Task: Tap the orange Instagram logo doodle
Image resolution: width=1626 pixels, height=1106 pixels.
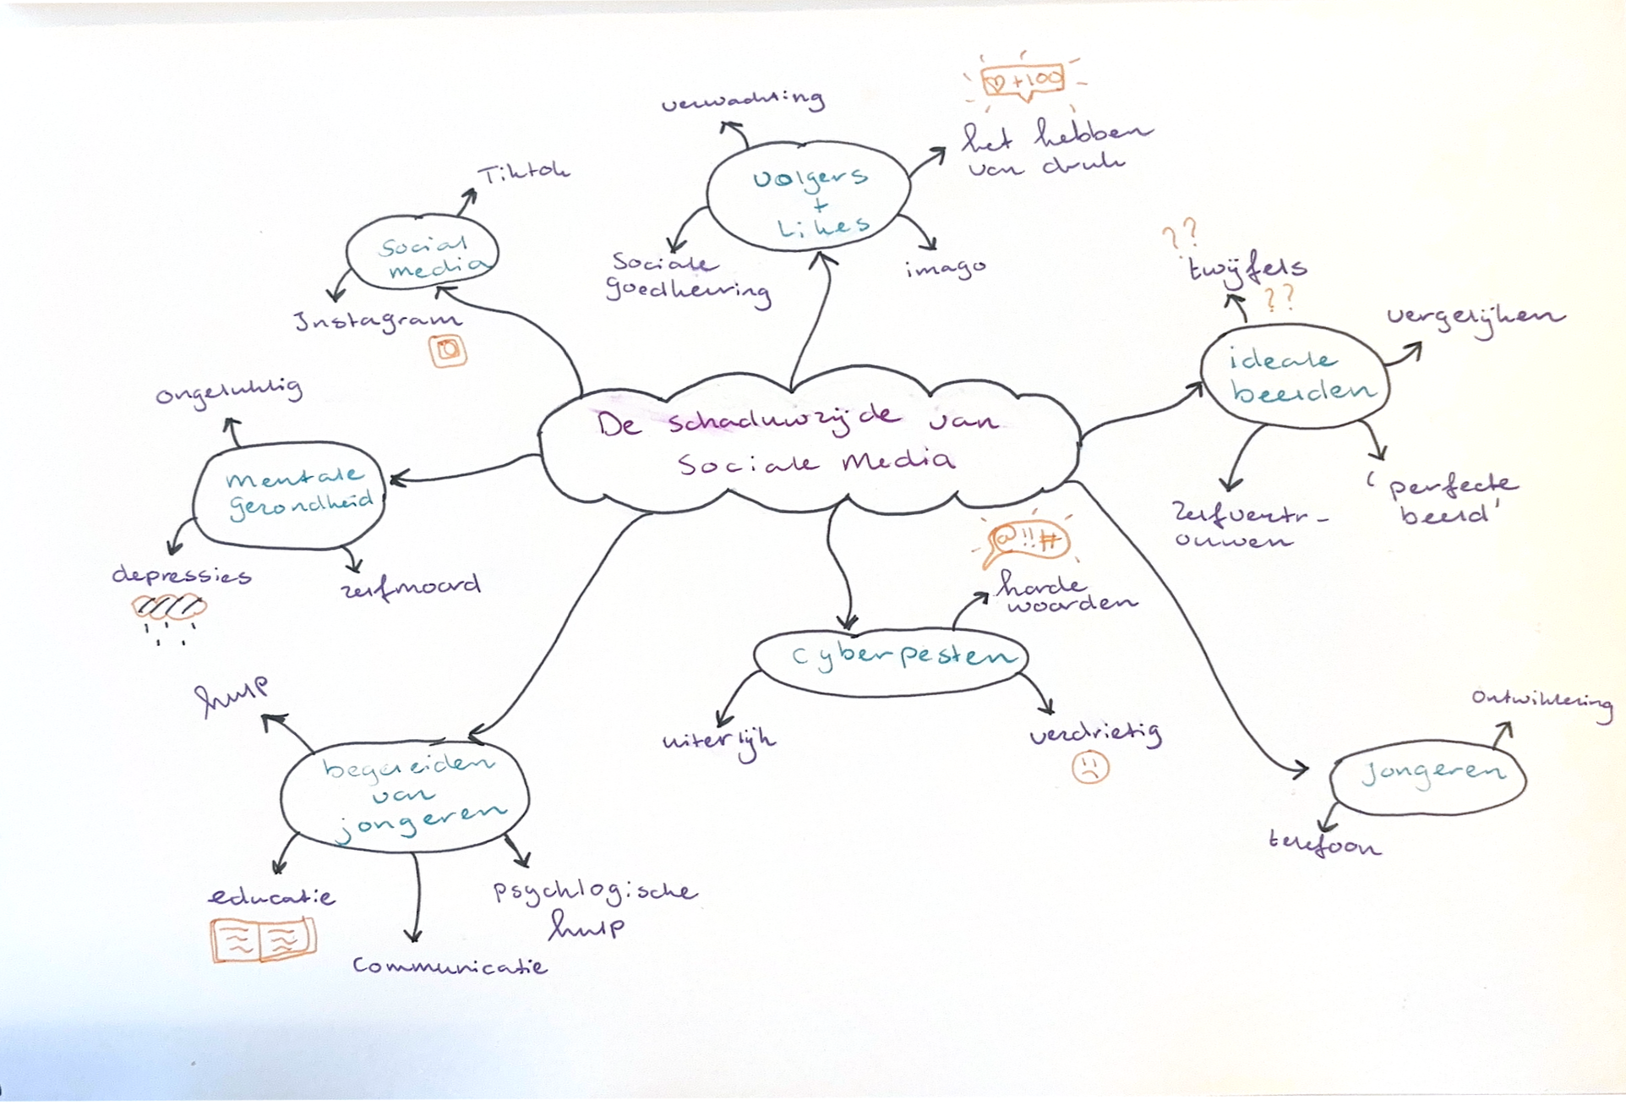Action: pos(448,350)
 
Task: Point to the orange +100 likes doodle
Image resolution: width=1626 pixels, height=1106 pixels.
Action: pos(1023,81)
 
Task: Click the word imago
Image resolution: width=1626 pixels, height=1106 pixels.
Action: pos(945,268)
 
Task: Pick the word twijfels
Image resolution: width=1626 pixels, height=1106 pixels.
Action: pos(1247,268)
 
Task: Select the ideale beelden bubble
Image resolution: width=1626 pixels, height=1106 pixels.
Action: pos(1295,376)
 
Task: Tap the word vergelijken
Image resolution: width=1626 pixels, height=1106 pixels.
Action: pos(1475,317)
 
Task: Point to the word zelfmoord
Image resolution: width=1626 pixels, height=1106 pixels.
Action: pos(412,586)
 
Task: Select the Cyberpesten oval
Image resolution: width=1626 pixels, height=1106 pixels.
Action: pos(892,659)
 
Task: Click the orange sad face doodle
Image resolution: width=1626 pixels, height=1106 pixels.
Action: pos(1090,766)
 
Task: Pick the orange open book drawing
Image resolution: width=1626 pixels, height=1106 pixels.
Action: pos(264,939)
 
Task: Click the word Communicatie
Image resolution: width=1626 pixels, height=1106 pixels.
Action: pos(450,965)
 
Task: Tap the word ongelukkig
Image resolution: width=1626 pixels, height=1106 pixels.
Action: pos(229,392)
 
